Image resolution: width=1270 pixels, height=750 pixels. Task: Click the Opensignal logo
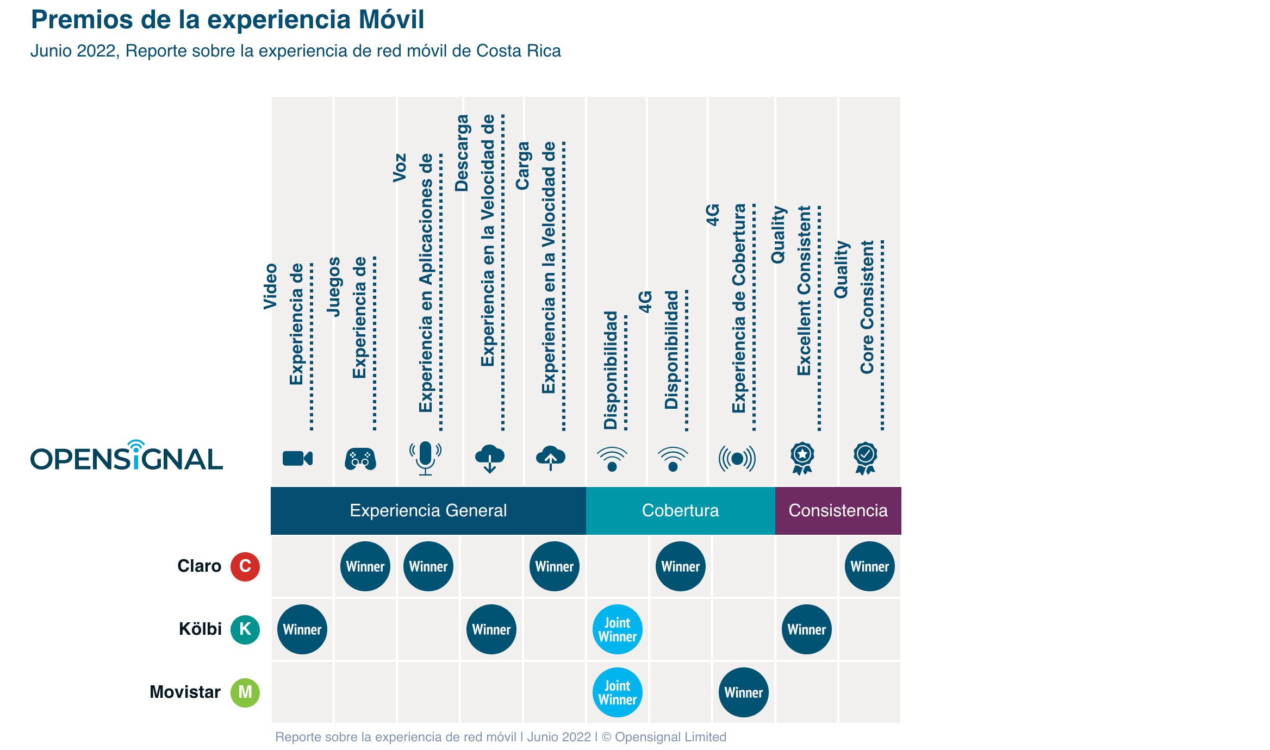[x=126, y=457]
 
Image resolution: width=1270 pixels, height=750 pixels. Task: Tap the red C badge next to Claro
[x=245, y=566]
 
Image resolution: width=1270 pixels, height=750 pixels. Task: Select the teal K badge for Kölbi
[x=245, y=629]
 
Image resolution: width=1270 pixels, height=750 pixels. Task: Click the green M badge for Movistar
[x=245, y=692]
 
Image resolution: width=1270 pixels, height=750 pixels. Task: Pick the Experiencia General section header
[x=428, y=510]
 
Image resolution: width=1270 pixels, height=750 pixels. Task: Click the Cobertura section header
[x=680, y=510]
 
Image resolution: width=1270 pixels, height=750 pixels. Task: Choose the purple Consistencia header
[x=838, y=510]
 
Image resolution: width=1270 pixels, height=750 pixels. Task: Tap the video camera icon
[x=297, y=459]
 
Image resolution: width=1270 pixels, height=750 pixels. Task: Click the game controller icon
[x=360, y=459]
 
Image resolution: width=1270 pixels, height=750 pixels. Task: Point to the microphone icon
[x=425, y=458]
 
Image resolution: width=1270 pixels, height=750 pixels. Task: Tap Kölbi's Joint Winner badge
[x=618, y=629]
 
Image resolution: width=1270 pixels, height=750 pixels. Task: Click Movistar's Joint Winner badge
[x=618, y=692]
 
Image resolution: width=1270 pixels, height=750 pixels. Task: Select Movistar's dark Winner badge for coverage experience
[x=743, y=692]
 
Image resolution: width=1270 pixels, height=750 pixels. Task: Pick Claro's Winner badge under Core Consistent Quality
[x=869, y=566]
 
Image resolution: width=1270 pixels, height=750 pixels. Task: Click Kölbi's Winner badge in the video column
[x=302, y=629]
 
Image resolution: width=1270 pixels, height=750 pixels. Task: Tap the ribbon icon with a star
[x=802, y=458]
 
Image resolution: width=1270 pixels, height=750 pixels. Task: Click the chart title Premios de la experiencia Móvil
[x=227, y=20]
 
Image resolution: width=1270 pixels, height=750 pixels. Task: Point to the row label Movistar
[x=185, y=692]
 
